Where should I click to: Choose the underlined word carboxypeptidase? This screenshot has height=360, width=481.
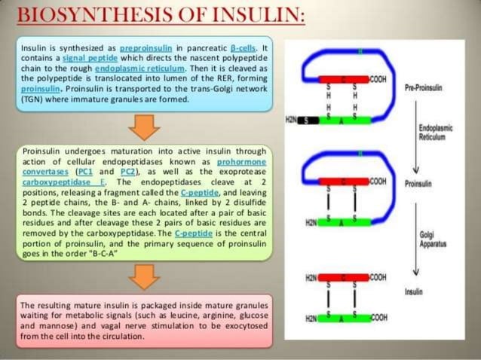(x=53, y=182)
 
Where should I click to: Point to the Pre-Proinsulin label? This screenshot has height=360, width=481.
(x=424, y=88)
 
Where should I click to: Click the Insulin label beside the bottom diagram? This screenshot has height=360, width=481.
(x=414, y=291)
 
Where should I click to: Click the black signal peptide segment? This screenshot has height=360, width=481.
(x=311, y=121)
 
